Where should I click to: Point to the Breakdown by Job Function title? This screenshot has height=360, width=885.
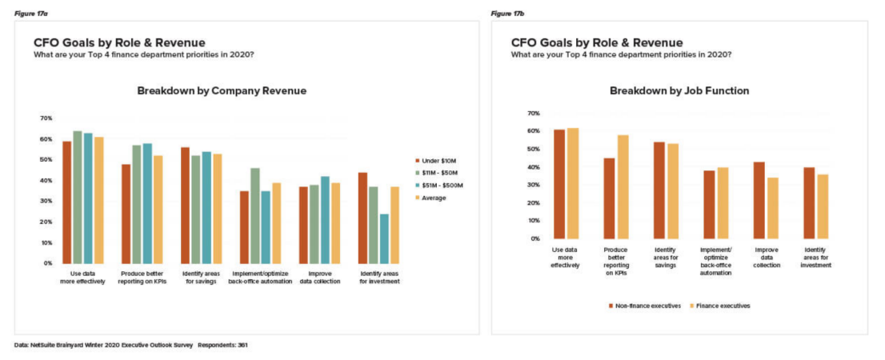click(x=679, y=91)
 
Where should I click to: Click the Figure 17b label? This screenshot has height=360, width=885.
click(x=507, y=14)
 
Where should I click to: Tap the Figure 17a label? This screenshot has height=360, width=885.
click(x=30, y=14)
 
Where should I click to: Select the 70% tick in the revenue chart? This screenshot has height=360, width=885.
click(x=46, y=118)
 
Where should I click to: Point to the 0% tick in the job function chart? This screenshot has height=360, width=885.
click(x=535, y=238)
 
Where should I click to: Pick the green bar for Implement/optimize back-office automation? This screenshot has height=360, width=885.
click(x=255, y=215)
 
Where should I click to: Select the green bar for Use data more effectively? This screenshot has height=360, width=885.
click(x=78, y=197)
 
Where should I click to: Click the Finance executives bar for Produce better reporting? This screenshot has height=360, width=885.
click(x=623, y=186)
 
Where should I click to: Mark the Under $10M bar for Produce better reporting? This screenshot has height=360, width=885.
click(x=126, y=214)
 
